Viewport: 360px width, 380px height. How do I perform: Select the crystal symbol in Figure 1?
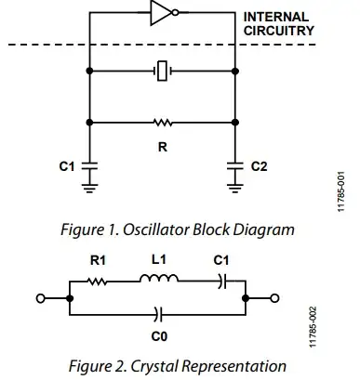pyautogui.click(x=162, y=70)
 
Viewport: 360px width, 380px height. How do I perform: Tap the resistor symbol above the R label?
pyautogui.click(x=162, y=122)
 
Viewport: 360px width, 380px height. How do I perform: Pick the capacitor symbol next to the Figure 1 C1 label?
pyautogui.click(x=89, y=167)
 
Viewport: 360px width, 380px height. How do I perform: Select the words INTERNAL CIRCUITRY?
pyautogui.click(x=279, y=23)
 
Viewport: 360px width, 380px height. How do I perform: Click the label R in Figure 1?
pyautogui.click(x=161, y=144)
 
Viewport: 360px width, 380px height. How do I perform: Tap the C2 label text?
pyautogui.click(x=260, y=167)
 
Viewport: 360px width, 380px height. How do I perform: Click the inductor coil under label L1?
pyautogui.click(x=157, y=281)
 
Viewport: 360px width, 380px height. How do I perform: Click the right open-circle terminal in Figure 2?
pyautogui.click(x=274, y=298)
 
